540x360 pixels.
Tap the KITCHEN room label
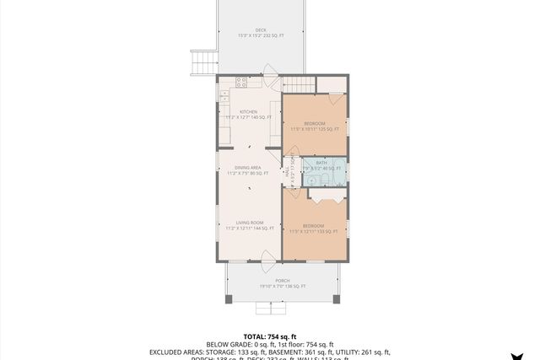coord(248,112)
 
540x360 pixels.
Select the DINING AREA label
coord(248,167)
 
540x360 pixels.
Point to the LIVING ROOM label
coord(250,223)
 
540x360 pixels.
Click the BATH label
coord(321,163)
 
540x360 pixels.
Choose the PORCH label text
coord(283,281)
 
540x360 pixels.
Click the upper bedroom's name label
coord(315,123)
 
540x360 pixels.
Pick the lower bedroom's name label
coord(314,225)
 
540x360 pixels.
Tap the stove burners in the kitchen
coord(241,83)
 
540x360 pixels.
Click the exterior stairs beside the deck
coord(202,62)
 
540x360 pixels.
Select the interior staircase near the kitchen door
coord(298,83)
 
